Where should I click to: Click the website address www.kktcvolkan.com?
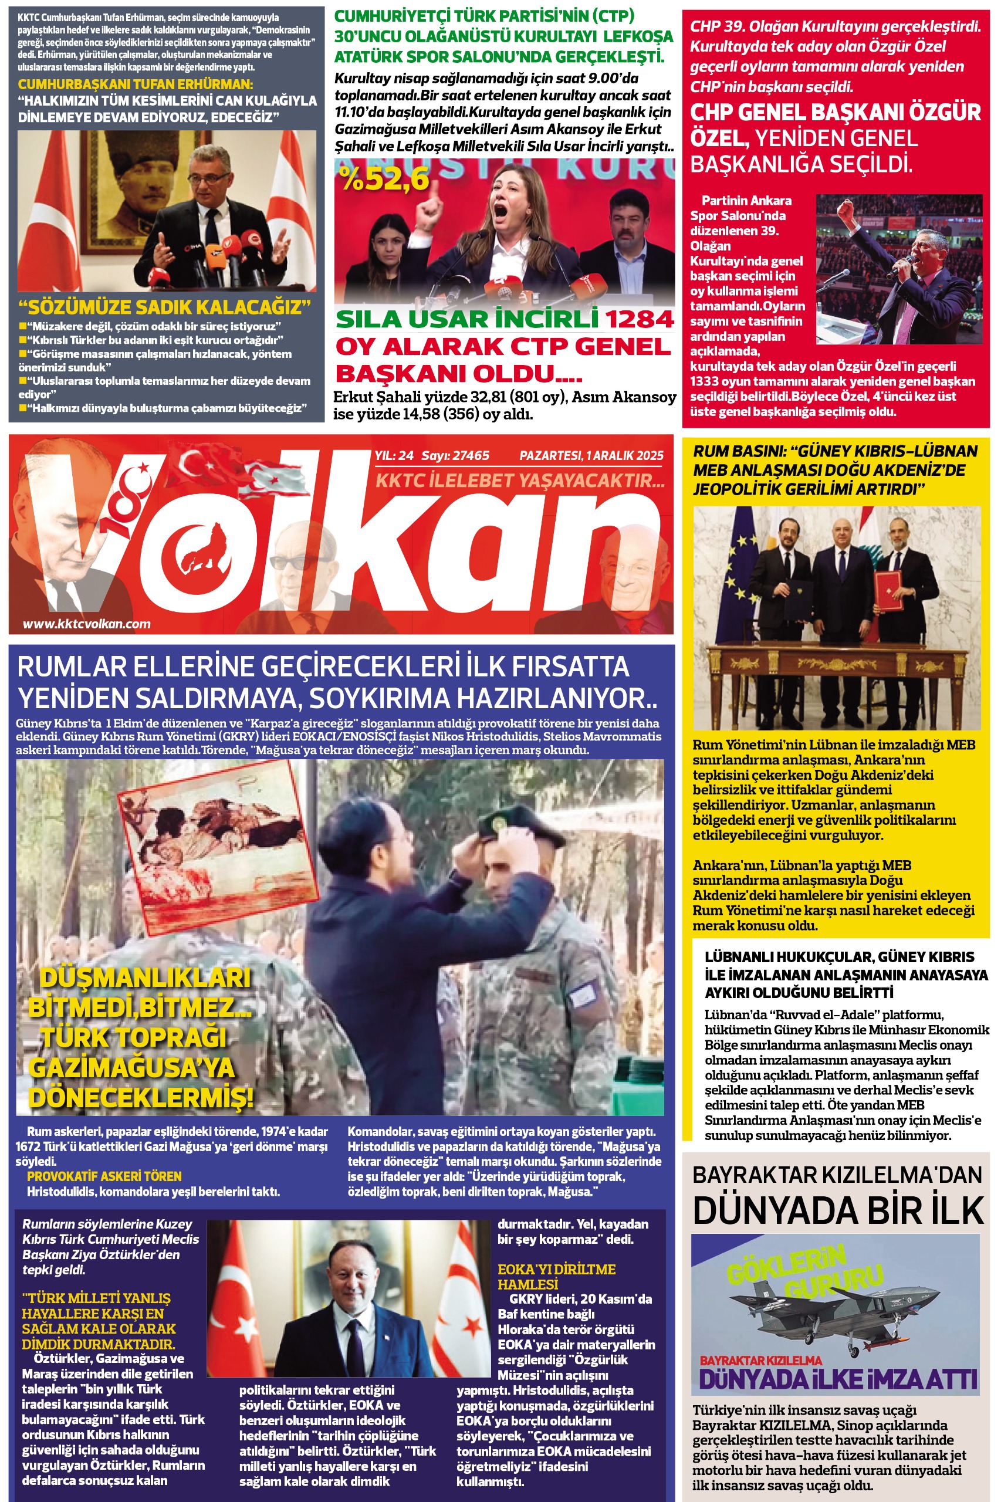[x=87, y=624]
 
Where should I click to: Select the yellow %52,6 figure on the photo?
[x=385, y=179]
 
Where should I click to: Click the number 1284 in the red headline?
[x=639, y=319]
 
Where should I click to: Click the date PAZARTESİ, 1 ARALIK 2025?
[x=591, y=456]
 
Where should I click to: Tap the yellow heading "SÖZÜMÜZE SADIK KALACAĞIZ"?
[x=164, y=307]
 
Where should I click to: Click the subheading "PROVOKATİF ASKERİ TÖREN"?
[x=104, y=1176]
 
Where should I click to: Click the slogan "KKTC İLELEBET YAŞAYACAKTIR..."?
[x=520, y=481]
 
